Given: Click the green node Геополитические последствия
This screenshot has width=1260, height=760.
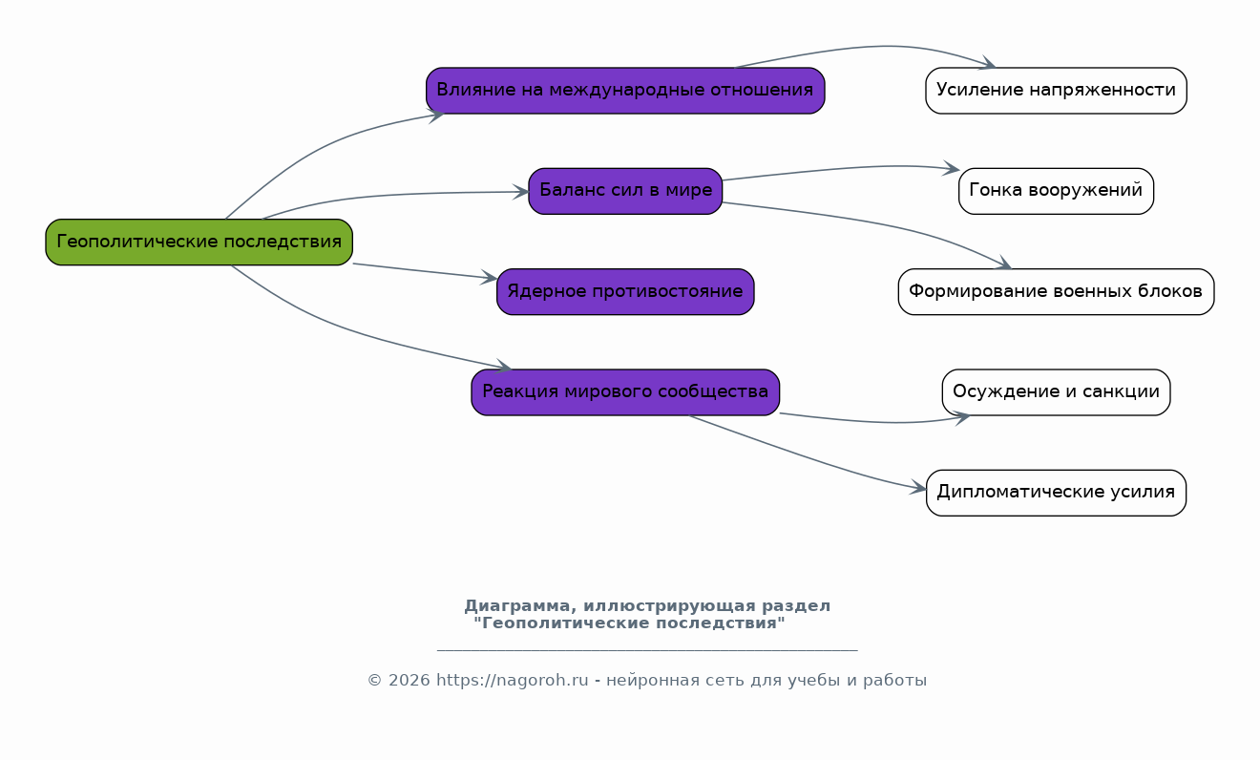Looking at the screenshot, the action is pos(199,242).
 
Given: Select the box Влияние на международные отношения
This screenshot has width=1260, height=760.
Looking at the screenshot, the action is pos(625,91).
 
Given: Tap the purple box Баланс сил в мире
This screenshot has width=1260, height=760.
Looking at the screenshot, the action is pos(625,191).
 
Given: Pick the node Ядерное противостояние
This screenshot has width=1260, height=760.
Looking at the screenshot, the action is pos(625,291).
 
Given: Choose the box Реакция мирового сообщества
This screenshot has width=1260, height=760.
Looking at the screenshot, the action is pos(625,392).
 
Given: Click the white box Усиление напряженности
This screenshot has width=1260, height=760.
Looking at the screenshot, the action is pos(1056,91).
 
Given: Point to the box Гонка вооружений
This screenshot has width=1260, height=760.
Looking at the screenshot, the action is pos(1056,191).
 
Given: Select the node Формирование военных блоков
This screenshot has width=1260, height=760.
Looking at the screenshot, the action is pos(1056,291).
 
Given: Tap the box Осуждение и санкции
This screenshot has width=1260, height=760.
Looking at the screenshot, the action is pos(1056,392).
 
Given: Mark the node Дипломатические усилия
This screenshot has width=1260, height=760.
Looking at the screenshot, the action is pos(1056,493).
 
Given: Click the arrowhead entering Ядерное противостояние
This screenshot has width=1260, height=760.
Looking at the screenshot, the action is pos(489,277).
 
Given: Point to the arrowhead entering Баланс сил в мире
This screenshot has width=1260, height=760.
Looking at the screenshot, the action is pos(520,193).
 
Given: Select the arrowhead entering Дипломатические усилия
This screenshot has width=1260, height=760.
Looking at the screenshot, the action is pos(918,488).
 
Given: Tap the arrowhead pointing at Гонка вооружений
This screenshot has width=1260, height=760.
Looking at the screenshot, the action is pos(951,168).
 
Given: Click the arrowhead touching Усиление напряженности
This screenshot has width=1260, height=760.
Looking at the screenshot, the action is pos(987,62).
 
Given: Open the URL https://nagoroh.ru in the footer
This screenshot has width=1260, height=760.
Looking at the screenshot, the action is pos(512,681).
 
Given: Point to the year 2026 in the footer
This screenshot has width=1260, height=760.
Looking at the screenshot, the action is pos(409,681).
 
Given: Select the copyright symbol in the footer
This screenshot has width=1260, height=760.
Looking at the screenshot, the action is pos(374,681).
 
